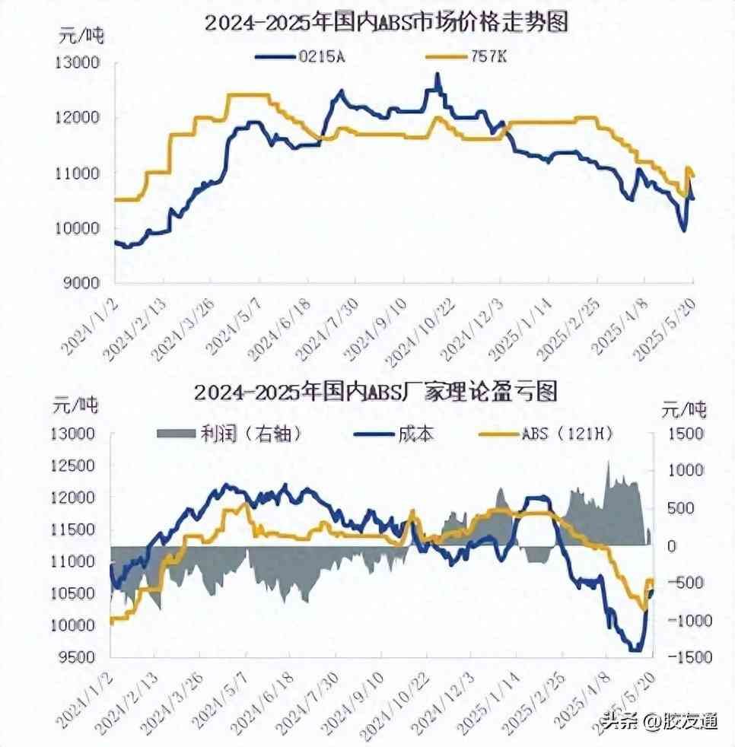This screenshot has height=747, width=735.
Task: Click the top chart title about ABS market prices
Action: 387,22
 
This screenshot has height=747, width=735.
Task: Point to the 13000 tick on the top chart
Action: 78,63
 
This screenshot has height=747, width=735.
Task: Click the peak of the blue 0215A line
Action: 437,75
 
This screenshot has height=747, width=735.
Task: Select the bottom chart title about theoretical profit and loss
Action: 376,392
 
